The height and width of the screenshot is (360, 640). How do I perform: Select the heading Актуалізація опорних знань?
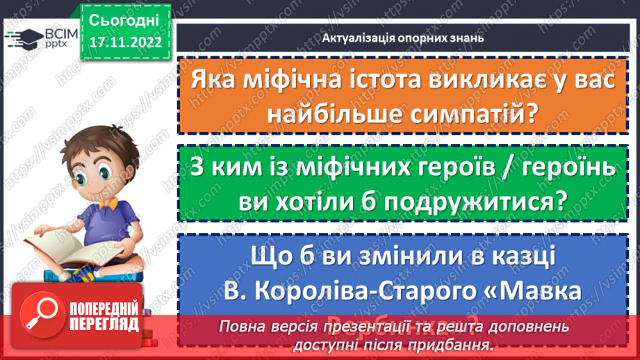click(x=403, y=38)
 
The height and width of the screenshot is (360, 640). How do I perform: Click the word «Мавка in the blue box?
click(x=539, y=287)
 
